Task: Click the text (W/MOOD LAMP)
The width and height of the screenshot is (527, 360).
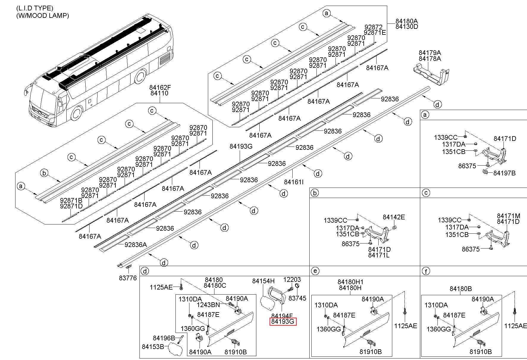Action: (43, 15)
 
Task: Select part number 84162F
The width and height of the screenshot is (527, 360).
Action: (160, 87)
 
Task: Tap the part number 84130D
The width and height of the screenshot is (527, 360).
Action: (407, 26)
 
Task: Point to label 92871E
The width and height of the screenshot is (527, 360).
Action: (374, 33)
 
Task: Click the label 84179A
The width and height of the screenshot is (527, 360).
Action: (430, 53)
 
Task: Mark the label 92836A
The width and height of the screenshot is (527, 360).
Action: (136, 245)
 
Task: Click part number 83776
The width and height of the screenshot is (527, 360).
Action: (128, 278)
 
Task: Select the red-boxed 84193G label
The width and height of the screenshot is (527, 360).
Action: (283, 321)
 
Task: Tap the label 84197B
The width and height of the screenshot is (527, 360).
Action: (504, 173)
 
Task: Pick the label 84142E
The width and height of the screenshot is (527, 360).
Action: (394, 217)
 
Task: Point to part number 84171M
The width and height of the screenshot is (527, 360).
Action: (509, 216)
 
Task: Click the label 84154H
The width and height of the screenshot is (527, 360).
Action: (263, 281)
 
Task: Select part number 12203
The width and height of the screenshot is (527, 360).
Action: (292, 279)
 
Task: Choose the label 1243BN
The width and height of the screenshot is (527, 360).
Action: (208, 305)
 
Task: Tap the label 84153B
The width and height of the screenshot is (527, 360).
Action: (153, 347)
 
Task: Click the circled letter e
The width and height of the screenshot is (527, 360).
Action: (315, 271)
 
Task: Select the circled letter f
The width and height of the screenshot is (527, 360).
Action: (426, 271)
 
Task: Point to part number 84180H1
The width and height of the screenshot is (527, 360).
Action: (350, 282)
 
